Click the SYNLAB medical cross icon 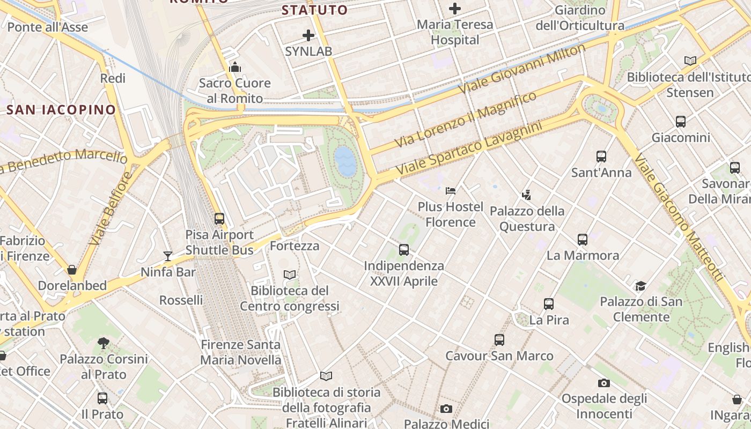click(308, 35)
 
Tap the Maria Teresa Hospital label click(455, 32)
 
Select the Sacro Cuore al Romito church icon click(234, 68)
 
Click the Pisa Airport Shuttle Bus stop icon click(219, 219)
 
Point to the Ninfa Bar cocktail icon click(168, 256)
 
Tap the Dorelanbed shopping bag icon click(72, 269)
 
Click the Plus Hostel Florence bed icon click(451, 190)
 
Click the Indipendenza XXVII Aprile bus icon click(404, 249)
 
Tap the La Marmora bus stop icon click(583, 239)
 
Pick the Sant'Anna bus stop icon click(601, 157)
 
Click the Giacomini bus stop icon click(681, 122)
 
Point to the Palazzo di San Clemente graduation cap click(640, 285)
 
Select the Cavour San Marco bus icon click(499, 339)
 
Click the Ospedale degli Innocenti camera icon click(604, 383)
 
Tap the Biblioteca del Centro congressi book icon click(290, 275)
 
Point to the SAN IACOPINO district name click(61, 110)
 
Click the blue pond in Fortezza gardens click(344, 161)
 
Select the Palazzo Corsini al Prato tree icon click(104, 343)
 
